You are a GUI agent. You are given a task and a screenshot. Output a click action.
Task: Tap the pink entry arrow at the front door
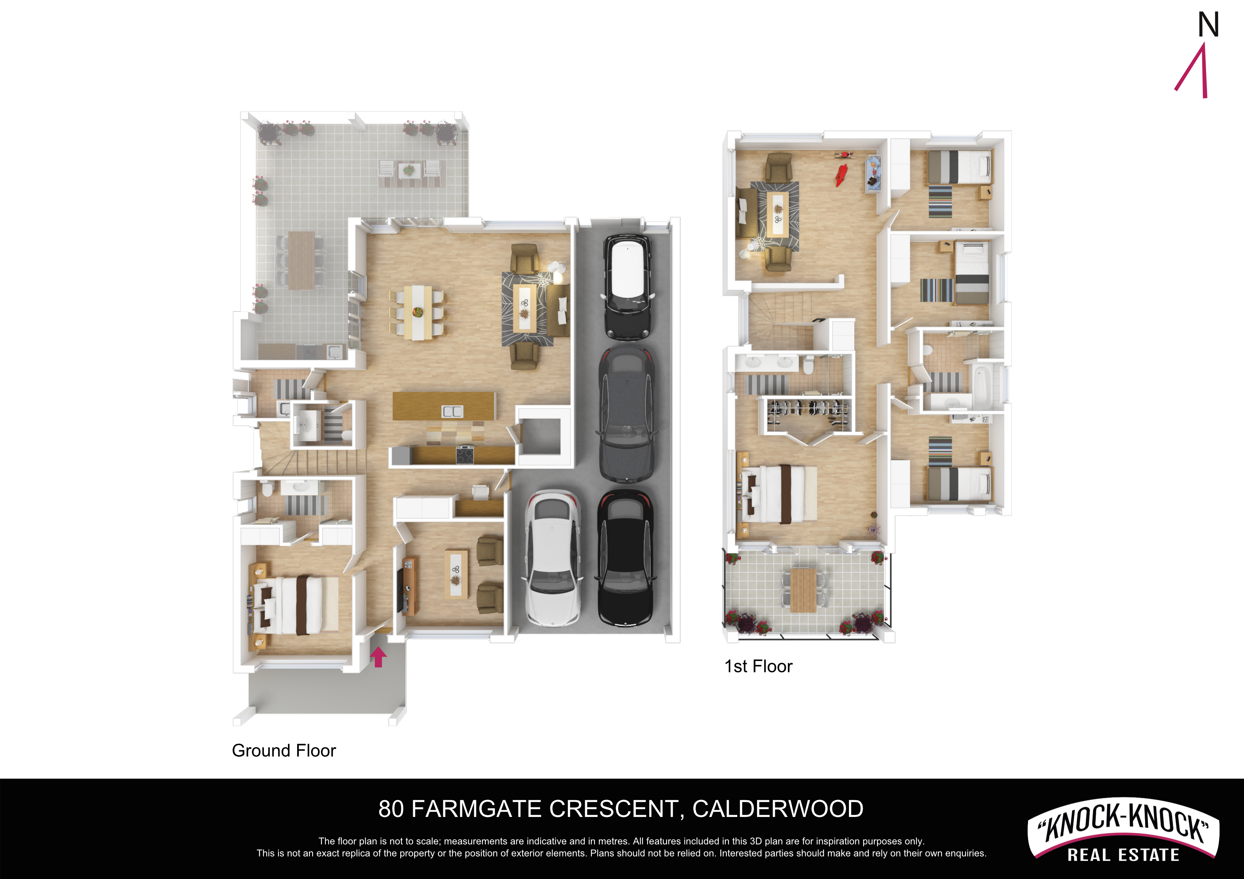click(378, 657)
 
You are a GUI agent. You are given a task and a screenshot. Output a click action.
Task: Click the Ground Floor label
click(284, 751)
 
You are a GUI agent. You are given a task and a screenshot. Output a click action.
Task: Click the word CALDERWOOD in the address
click(778, 809)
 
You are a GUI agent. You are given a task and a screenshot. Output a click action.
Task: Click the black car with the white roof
click(627, 287)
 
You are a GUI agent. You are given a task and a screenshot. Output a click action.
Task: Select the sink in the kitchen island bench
click(452, 411)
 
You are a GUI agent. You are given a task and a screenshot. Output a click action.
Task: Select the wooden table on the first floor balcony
click(803, 590)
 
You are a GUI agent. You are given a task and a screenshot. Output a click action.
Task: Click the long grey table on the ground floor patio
click(301, 260)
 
